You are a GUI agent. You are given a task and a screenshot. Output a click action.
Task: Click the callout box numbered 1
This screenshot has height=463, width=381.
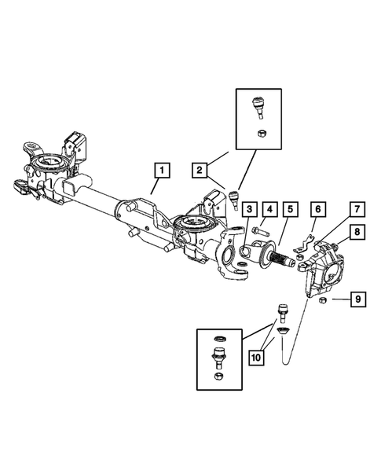click(x=160, y=169)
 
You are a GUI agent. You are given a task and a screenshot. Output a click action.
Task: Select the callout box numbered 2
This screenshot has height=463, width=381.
click(x=200, y=169)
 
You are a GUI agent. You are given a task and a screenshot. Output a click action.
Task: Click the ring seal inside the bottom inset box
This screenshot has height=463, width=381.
click(x=218, y=340)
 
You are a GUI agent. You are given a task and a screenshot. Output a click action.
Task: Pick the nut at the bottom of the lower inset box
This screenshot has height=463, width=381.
click(x=218, y=380)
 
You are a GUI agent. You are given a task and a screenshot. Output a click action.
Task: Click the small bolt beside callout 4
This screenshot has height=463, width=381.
click(x=261, y=231)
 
